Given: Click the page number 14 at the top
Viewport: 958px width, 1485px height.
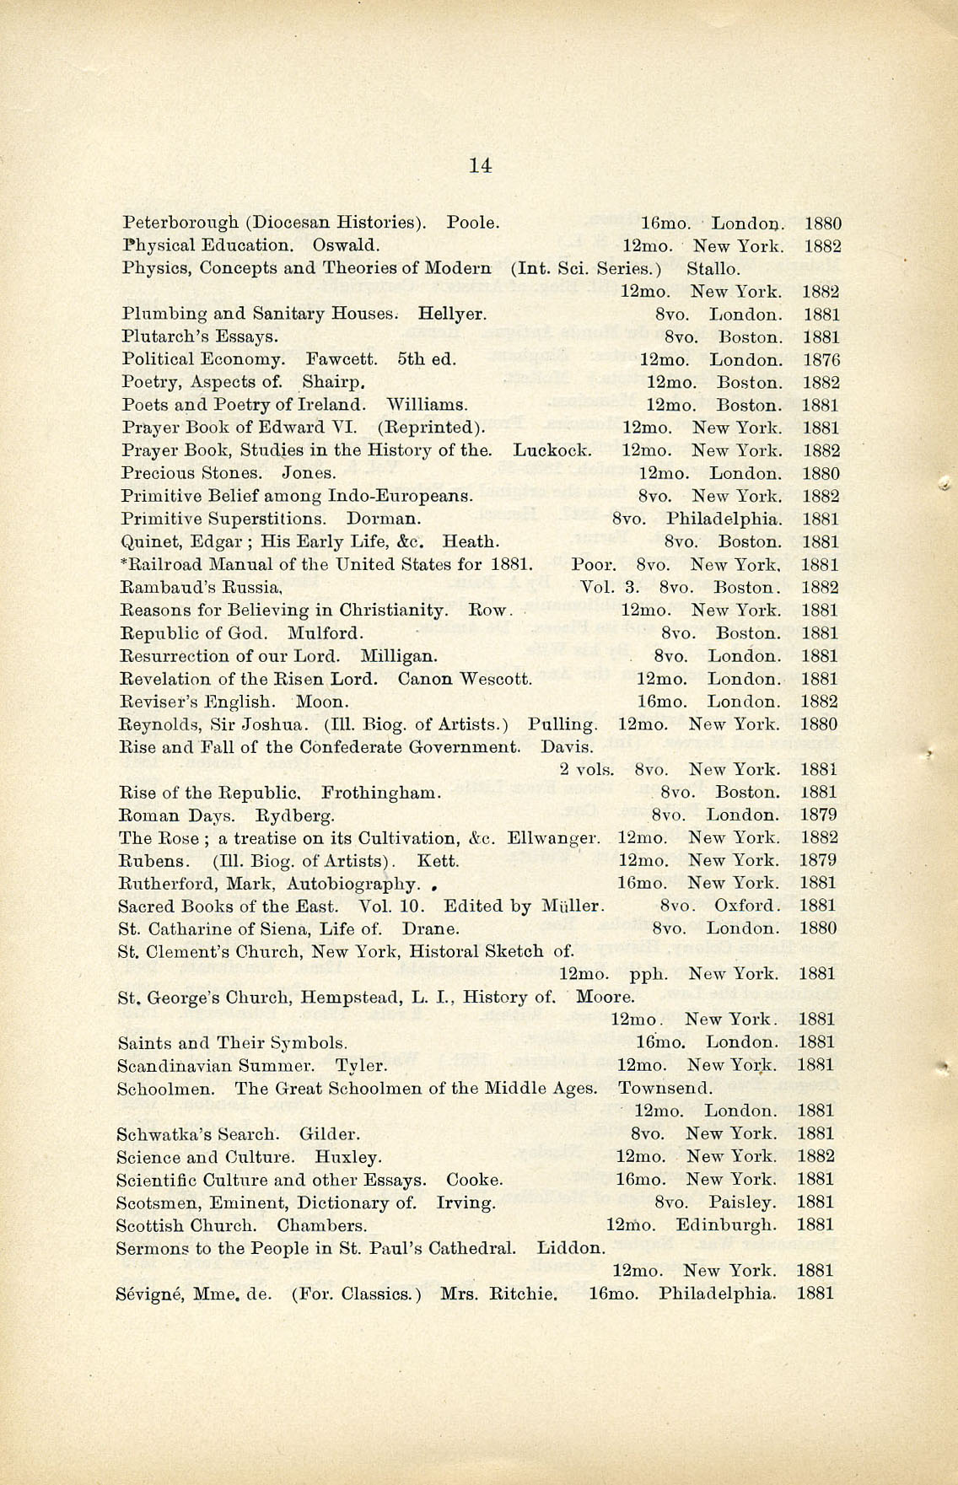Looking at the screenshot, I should [x=480, y=166].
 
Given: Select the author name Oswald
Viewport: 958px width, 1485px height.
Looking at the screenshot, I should [x=345, y=246].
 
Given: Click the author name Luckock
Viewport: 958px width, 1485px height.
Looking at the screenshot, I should [x=552, y=451].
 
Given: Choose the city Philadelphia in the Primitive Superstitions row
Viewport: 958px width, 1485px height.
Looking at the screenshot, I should [x=723, y=519].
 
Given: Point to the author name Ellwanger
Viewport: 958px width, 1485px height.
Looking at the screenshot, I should [x=553, y=838].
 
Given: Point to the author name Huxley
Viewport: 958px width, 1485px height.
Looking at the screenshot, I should [x=347, y=1157].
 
